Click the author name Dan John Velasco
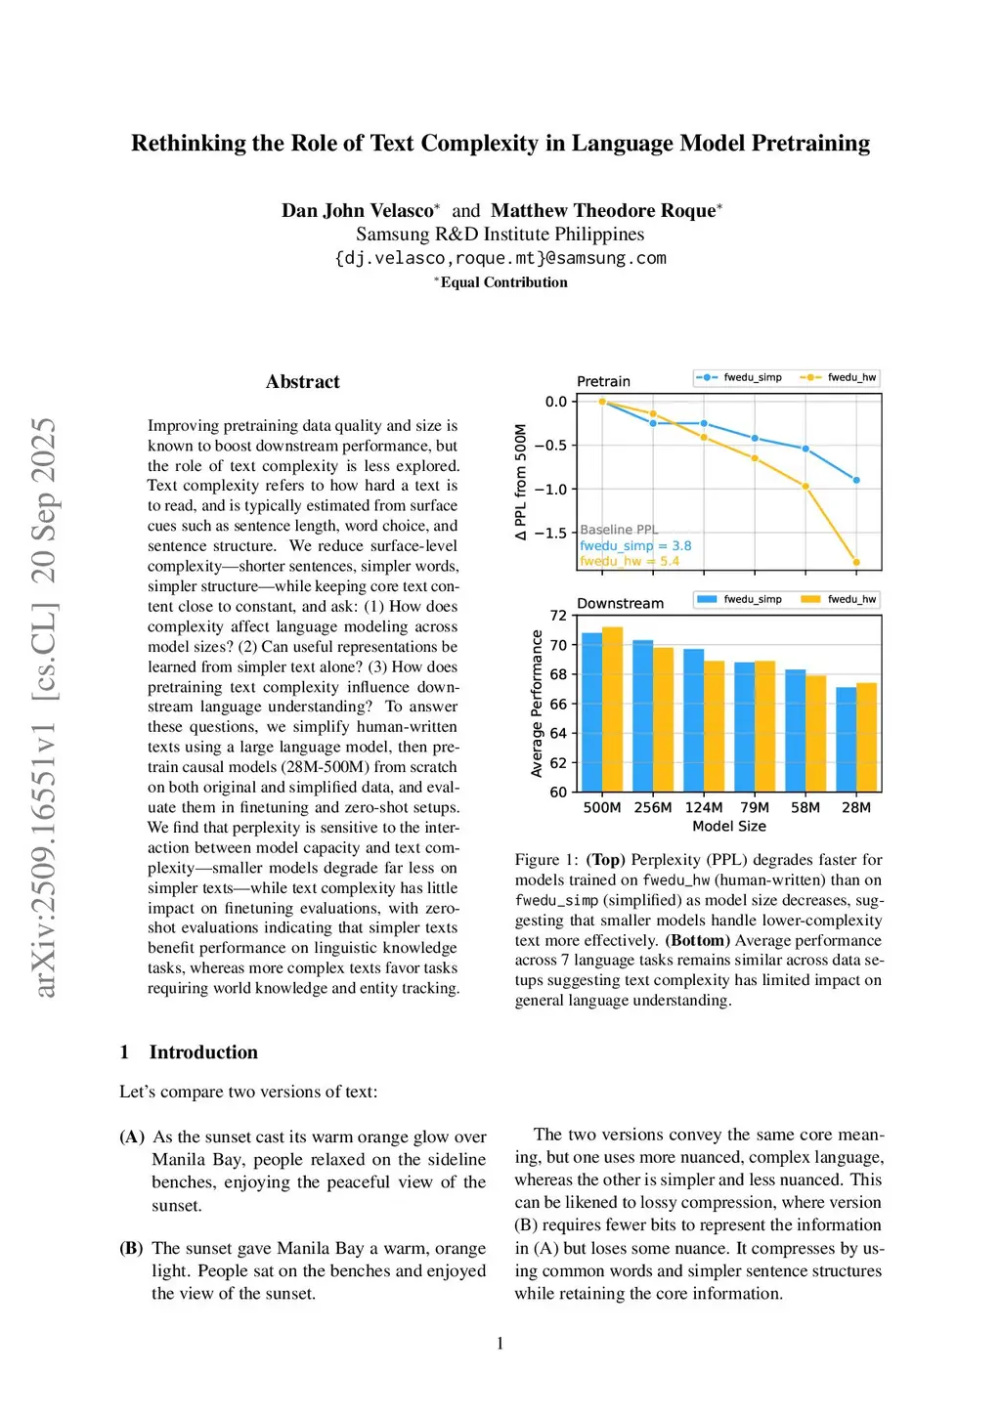click(357, 210)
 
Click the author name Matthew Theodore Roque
click(603, 210)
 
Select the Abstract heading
click(302, 382)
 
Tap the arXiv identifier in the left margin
click(45, 707)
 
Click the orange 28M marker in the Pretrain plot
click(856, 562)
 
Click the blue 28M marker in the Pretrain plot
click(856, 480)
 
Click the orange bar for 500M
click(613, 708)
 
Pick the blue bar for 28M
click(847, 739)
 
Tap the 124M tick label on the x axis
click(704, 807)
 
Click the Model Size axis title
click(729, 827)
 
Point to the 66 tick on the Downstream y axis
click(558, 704)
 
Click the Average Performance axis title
click(537, 704)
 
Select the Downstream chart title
click(620, 603)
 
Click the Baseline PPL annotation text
click(619, 530)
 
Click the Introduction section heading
click(203, 1052)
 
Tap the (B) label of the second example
click(132, 1248)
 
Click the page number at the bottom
click(500, 1344)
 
